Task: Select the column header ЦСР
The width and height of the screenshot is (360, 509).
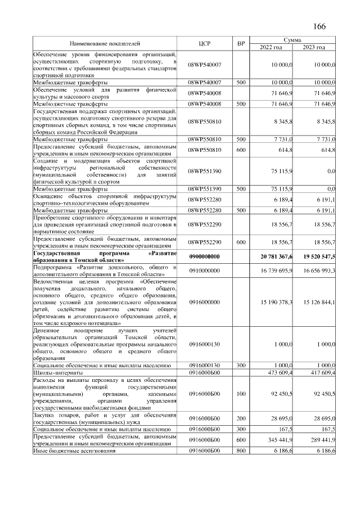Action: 205,43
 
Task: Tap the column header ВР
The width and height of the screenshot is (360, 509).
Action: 241,43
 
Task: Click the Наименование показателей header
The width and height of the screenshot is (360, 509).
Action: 105,43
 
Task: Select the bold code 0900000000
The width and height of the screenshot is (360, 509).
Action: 205,256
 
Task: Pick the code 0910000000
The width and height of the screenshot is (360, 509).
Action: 205,271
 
